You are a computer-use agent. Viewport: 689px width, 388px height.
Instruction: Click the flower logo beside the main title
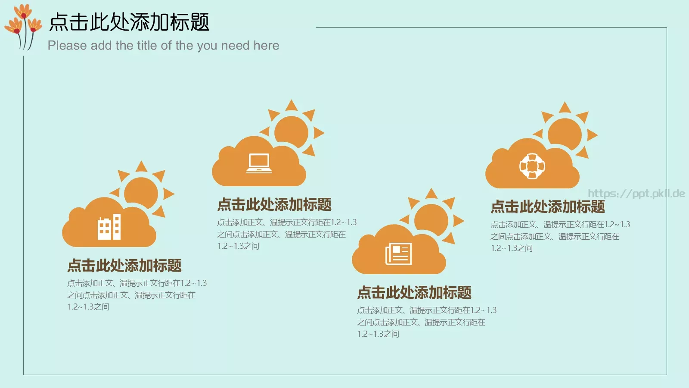click(x=23, y=26)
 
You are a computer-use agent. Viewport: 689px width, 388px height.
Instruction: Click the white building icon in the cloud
click(x=109, y=227)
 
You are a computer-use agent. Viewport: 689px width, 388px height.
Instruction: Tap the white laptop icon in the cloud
click(x=259, y=163)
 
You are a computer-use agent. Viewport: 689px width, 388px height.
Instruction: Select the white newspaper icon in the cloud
click(x=398, y=253)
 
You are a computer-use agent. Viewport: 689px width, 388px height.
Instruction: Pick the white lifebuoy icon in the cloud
click(x=532, y=166)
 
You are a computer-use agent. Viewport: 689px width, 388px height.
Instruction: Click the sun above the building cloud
click(x=141, y=192)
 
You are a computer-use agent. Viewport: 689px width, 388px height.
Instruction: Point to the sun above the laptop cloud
click(x=292, y=131)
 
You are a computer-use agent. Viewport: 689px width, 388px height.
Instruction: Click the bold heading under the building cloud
click(x=124, y=266)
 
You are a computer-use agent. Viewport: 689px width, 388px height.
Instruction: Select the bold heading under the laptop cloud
click(x=274, y=205)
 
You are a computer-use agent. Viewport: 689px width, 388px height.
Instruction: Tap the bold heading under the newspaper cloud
click(x=414, y=293)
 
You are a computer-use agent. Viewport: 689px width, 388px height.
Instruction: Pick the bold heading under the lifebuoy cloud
click(x=548, y=207)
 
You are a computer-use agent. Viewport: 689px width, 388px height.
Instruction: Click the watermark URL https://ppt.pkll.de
click(x=636, y=194)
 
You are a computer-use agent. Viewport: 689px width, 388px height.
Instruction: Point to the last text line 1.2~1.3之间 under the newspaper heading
click(x=378, y=334)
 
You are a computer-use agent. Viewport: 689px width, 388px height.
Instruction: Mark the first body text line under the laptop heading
click(x=287, y=222)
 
